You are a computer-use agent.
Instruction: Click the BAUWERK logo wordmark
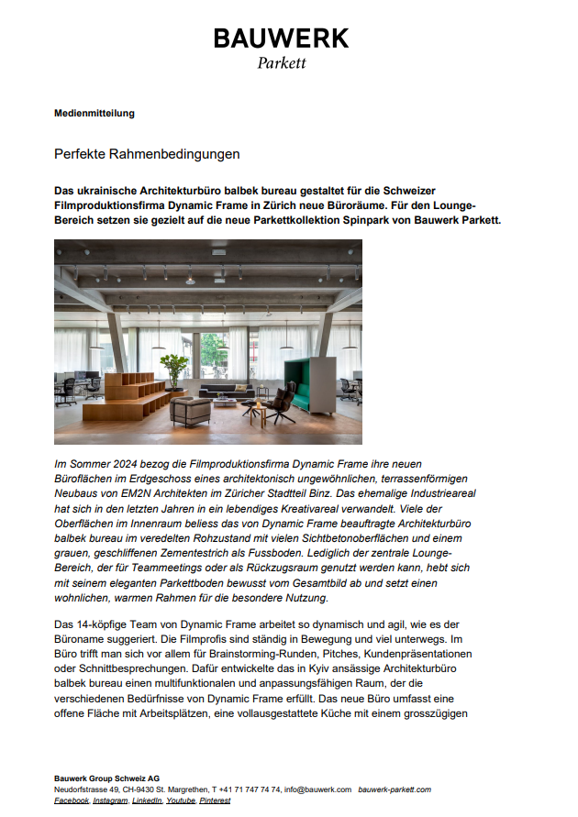tap(281, 39)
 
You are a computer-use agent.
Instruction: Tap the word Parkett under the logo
tap(281, 63)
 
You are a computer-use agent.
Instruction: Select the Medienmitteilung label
tap(94, 114)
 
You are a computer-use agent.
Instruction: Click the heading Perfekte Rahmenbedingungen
tap(147, 153)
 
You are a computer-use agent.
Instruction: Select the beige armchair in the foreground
tap(191, 411)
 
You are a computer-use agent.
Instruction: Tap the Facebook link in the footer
tap(72, 800)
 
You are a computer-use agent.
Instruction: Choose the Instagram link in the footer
tap(110, 800)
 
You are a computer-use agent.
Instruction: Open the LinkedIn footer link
tap(147, 800)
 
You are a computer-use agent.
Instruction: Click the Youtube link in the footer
tap(181, 800)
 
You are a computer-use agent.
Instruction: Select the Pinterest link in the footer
tap(215, 800)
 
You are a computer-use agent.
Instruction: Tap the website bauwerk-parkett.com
tap(395, 789)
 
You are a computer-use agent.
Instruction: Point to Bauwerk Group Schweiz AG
tap(107, 778)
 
